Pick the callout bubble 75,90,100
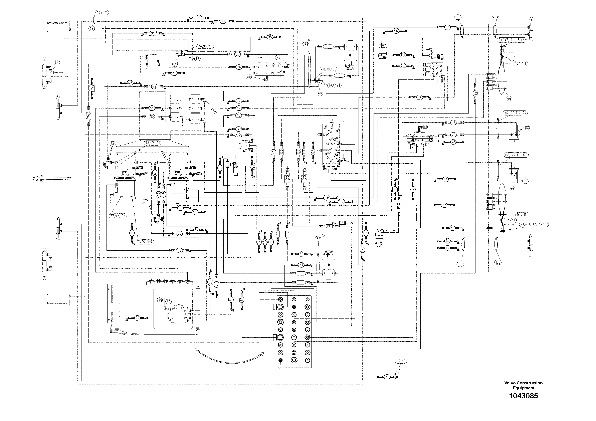tap(145, 242)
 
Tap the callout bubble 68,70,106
tap(328, 69)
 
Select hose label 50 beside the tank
tap(137, 318)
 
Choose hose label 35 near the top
tap(270, 37)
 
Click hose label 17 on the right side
tap(420, 98)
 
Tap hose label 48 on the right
tap(453, 122)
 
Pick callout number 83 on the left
tap(57, 62)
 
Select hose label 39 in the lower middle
tap(180, 250)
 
